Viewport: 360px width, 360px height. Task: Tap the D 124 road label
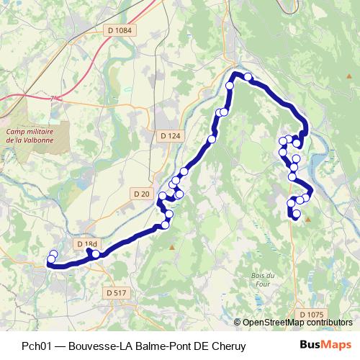(x=170, y=135)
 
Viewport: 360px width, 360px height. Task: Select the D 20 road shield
(x=142, y=194)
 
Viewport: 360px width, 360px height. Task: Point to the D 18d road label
(x=86, y=245)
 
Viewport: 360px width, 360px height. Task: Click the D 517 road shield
(x=115, y=293)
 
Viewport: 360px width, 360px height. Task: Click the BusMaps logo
(x=325, y=346)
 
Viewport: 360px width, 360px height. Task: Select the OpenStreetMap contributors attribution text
(x=297, y=323)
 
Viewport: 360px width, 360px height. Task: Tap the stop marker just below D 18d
(x=96, y=253)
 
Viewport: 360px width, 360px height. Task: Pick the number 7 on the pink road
(x=52, y=98)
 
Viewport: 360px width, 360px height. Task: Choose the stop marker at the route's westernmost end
(x=50, y=260)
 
